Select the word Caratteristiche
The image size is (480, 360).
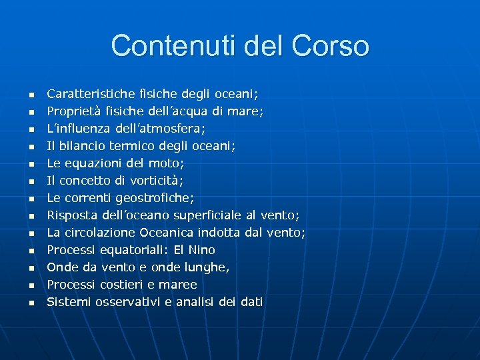(x=87, y=94)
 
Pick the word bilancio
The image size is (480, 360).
(x=83, y=146)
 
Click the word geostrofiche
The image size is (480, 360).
(x=155, y=198)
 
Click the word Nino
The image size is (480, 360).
(x=202, y=250)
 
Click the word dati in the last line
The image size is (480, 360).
(x=251, y=302)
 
